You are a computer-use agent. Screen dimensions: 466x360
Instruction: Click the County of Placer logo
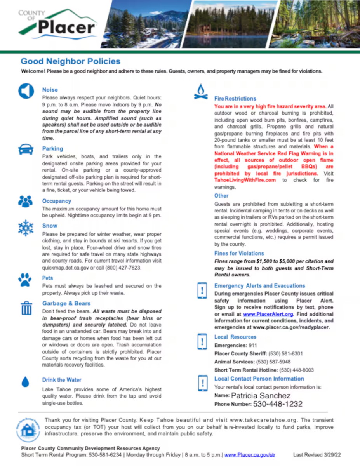pyautogui.click(x=57, y=24)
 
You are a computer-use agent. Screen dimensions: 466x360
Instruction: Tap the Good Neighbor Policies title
pyautogui.click(x=70, y=61)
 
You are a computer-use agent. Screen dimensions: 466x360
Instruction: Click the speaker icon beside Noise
pyautogui.click(x=26, y=91)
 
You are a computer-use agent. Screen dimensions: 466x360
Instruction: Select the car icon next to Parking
pyautogui.click(x=26, y=149)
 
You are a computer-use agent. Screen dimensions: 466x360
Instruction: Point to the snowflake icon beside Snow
pyautogui.click(x=26, y=228)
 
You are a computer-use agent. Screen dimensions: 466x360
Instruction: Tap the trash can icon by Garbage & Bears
pyautogui.click(x=26, y=308)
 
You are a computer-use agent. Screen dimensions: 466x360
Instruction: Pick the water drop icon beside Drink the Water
pyautogui.click(x=26, y=382)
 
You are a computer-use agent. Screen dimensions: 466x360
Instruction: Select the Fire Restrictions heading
pyautogui.click(x=235, y=99)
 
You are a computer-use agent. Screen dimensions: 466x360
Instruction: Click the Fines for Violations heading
pyautogui.click(x=239, y=253)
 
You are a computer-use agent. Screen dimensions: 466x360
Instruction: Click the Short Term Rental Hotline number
pyautogui.click(x=297, y=370)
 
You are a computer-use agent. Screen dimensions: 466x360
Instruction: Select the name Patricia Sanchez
pyautogui.click(x=261, y=396)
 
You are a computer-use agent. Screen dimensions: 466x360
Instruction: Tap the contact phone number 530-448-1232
pyautogui.click(x=278, y=404)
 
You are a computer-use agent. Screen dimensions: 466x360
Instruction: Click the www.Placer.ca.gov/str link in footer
pyautogui.click(x=250, y=454)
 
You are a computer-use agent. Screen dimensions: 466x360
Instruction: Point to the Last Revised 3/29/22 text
pyautogui.click(x=317, y=454)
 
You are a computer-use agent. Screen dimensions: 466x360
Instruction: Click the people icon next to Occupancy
pyautogui.click(x=26, y=201)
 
